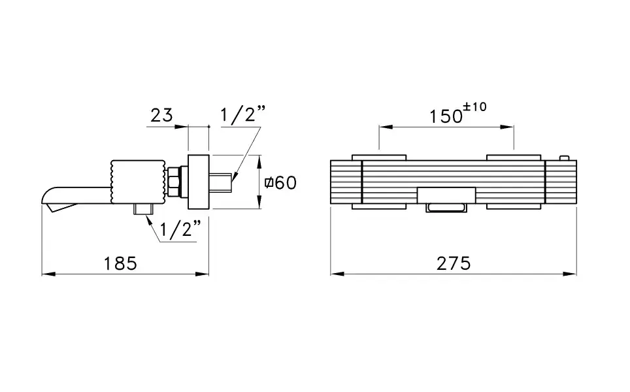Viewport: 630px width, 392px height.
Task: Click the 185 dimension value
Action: [x=120, y=264]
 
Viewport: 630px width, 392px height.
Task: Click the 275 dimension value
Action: [x=454, y=264]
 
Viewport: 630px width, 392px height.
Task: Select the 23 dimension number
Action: [x=161, y=115]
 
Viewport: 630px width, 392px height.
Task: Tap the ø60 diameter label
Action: [x=280, y=183]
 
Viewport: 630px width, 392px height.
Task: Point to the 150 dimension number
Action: [x=446, y=116]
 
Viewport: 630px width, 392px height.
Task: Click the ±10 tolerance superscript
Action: [x=475, y=107]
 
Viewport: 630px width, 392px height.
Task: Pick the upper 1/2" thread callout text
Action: [x=243, y=114]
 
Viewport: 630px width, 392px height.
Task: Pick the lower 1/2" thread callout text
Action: [x=180, y=229]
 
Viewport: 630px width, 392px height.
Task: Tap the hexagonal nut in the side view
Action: [x=174, y=182]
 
